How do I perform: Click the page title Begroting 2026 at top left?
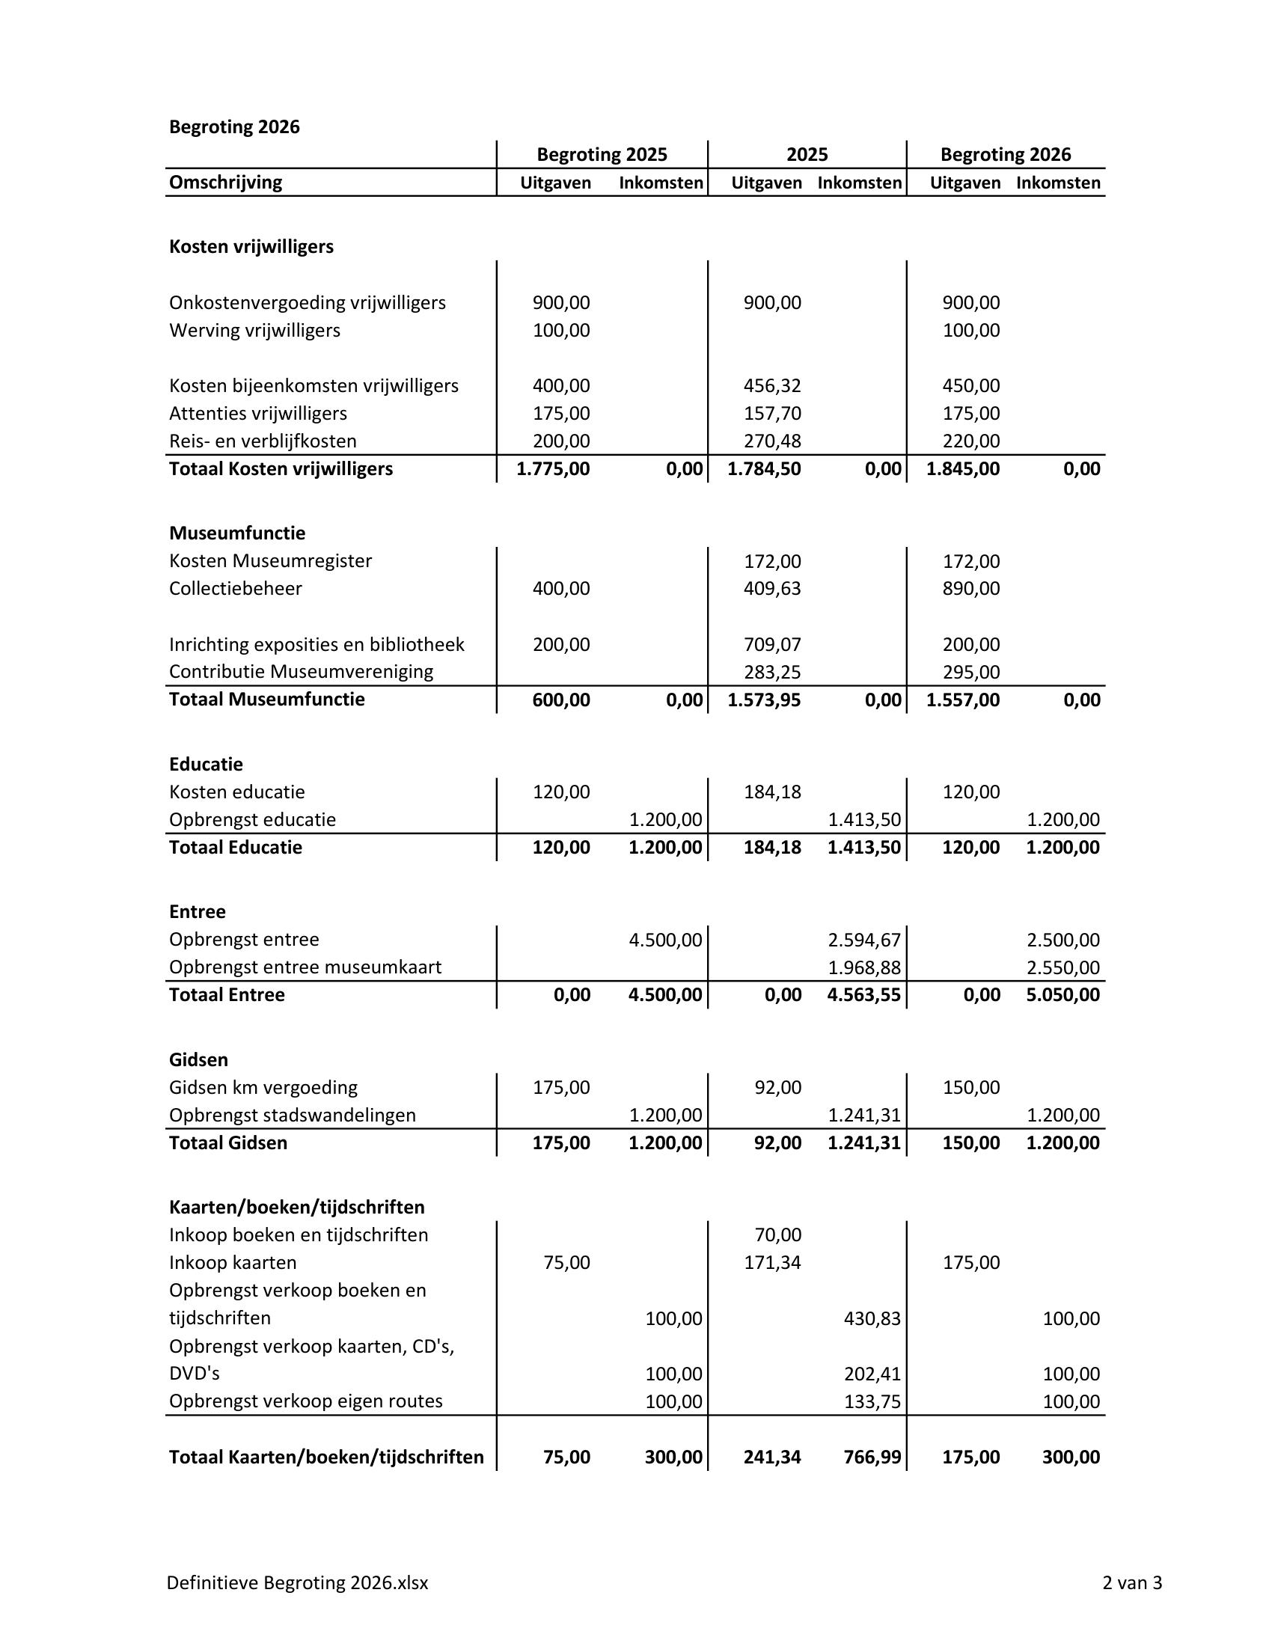pos(233,126)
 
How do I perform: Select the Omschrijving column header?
pos(225,183)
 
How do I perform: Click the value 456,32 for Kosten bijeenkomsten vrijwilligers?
pos(771,386)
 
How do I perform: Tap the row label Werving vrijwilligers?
pos(254,330)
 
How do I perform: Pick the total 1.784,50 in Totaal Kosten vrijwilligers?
pos(764,469)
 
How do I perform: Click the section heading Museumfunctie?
pos(236,533)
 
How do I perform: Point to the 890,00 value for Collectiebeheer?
pos(970,589)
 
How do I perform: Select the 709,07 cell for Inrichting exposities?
pos(771,644)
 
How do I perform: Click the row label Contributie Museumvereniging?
pos(301,672)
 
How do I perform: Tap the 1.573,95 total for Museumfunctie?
pos(764,700)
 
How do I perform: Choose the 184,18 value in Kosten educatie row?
pos(771,792)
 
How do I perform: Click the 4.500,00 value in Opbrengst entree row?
pos(665,940)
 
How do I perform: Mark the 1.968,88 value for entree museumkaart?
pos(863,967)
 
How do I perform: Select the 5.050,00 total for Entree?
pos(1062,995)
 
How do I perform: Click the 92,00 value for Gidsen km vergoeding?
pos(777,1088)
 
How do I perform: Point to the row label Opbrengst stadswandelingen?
pos(292,1115)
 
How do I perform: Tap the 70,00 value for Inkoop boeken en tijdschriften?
pos(777,1234)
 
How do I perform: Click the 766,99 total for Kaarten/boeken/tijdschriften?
pos(872,1457)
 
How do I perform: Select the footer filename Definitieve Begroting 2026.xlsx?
pos(297,1582)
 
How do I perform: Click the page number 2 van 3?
pos(1132,1582)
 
